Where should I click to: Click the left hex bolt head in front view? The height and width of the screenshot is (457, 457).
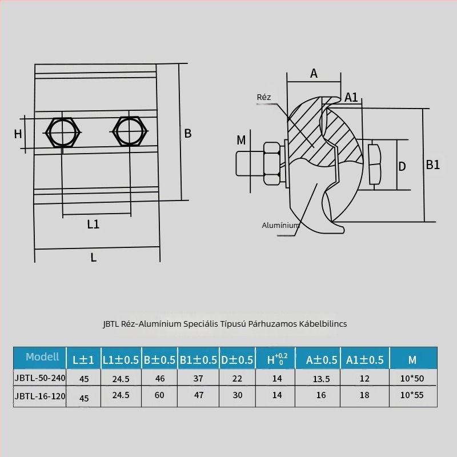tap(62, 133)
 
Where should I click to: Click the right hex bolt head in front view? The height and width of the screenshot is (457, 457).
tap(130, 131)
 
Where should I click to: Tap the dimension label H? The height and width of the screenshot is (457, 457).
tap(18, 134)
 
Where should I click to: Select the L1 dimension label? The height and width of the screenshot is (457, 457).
tap(93, 224)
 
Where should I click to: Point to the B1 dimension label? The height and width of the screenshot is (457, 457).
tap(433, 165)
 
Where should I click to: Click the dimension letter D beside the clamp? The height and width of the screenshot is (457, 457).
tap(402, 166)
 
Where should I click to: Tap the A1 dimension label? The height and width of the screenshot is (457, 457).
tap(351, 97)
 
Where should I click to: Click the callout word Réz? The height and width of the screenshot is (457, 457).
tap(264, 97)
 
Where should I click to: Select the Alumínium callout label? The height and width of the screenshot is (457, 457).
tap(280, 225)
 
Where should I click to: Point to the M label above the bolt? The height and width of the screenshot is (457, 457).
tap(241, 140)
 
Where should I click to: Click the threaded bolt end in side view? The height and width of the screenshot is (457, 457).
tap(250, 163)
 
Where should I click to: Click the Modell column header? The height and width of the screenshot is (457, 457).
tap(42, 356)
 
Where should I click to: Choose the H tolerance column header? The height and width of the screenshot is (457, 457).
tap(277, 359)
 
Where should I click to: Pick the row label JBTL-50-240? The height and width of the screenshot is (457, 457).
tap(40, 378)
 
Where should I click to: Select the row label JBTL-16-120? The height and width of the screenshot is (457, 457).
tap(40, 396)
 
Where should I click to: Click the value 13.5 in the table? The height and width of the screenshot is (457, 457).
tap(321, 379)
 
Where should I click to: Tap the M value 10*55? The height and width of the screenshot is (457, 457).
tap(412, 395)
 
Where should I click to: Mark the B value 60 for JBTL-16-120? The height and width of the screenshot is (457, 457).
tap(159, 395)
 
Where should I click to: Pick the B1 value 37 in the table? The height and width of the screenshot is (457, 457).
tap(198, 378)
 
